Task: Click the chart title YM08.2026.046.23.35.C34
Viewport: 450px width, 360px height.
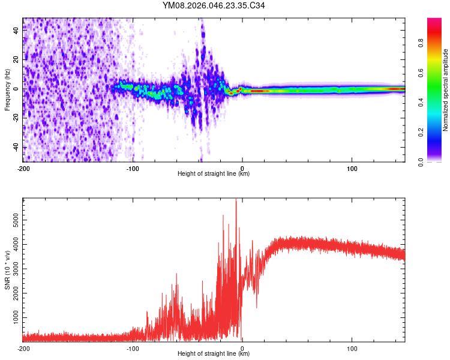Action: [x=214, y=6]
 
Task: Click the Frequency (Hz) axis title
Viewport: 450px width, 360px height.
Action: [x=7, y=90]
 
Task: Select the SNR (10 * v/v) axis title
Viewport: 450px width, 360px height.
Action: [x=7, y=270]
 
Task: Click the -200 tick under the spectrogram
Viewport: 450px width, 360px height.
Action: [x=23, y=169]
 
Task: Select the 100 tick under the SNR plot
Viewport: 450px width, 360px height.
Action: [x=352, y=349]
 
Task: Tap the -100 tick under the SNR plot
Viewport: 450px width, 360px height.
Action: [x=133, y=349]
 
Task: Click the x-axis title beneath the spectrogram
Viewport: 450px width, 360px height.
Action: [x=214, y=174]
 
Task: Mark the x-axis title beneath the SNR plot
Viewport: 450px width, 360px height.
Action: [x=214, y=354]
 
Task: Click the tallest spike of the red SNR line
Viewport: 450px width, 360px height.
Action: [x=236, y=201]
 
